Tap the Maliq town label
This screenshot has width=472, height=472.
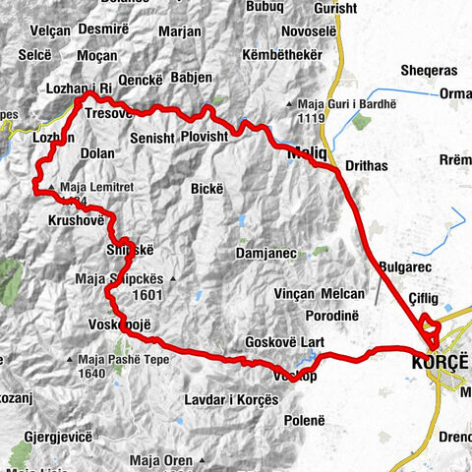click(306, 154)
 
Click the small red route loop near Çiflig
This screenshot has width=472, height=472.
click(428, 324)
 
